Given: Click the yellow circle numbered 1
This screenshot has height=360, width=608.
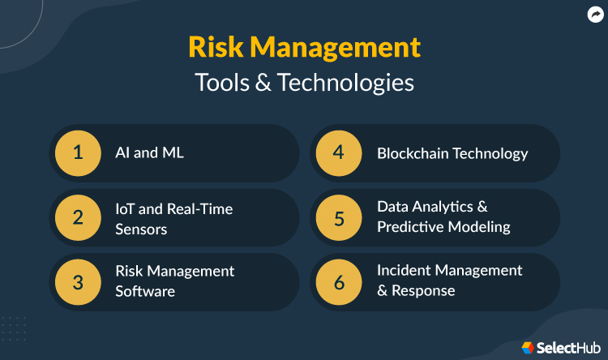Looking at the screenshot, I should coord(78,152).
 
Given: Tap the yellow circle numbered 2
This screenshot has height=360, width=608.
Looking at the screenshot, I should coord(78,218).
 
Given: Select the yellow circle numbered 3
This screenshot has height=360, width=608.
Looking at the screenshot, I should coord(78,282).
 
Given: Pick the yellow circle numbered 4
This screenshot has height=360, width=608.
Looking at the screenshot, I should coord(340,152).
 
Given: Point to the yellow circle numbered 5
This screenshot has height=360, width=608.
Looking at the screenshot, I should coord(340,218).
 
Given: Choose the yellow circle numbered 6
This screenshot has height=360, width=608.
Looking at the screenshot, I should coord(340,282).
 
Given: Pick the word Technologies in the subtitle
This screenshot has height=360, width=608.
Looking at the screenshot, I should coord(349,84).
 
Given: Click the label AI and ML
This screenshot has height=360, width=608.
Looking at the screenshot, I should coord(149,152).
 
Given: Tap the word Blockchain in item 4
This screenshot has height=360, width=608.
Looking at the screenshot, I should coord(413,152).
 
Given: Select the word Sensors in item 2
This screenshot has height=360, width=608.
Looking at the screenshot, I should coord(141,229).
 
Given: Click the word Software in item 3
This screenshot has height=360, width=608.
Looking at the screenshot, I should coord(145,291).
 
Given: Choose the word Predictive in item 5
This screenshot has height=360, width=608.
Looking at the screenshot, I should coord(412,227).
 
